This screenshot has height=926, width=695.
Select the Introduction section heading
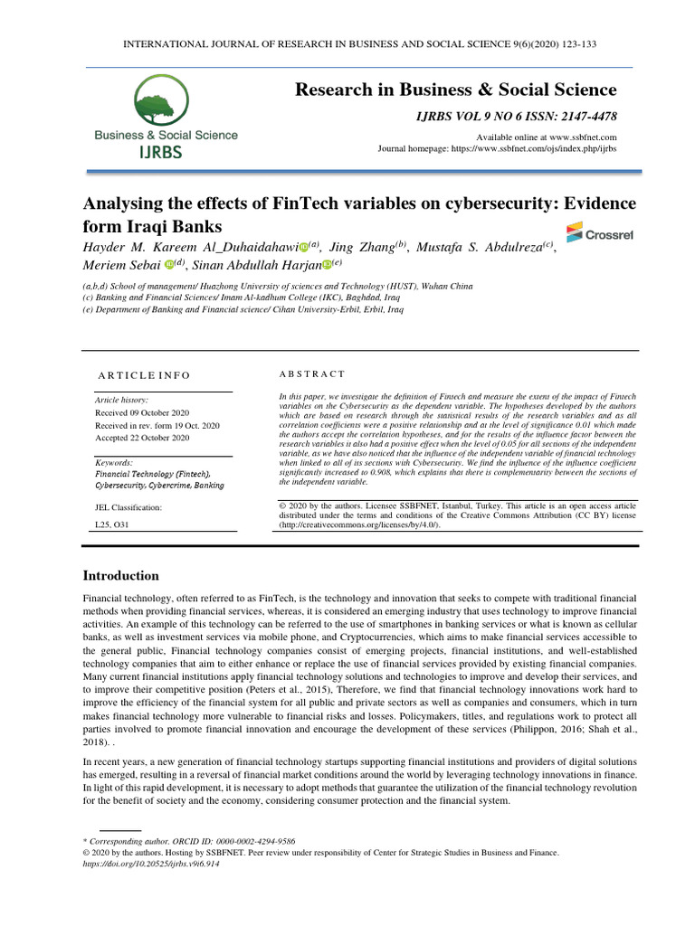[121, 576]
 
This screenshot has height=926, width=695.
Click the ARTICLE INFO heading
[144, 375]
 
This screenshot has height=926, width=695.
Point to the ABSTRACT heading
[312, 374]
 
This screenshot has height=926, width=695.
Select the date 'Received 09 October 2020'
[143, 412]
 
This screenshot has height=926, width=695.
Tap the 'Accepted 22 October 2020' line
[142, 438]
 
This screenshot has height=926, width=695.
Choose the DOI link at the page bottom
[151, 864]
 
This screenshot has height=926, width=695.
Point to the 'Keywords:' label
[114, 463]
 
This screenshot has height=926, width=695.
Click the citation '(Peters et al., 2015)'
[279, 688]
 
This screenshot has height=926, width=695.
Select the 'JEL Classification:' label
[129, 508]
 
